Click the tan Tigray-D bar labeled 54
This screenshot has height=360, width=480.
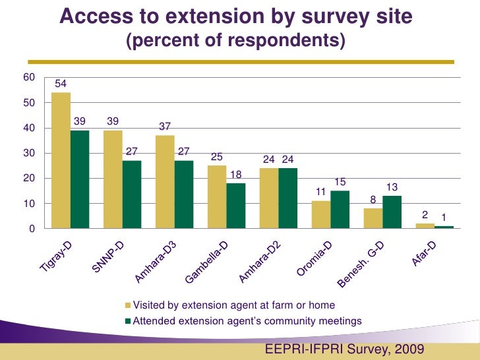(x=61, y=160)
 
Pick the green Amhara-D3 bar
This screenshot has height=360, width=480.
(x=184, y=195)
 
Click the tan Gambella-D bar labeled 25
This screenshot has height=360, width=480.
(x=217, y=196)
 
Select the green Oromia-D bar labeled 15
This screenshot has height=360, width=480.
(x=340, y=210)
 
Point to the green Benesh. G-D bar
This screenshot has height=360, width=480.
(x=392, y=212)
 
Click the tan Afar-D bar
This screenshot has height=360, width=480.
(x=425, y=226)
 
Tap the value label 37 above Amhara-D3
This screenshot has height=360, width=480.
(x=165, y=127)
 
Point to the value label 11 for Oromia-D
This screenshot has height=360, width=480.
(x=321, y=192)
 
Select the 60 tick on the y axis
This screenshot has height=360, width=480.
(x=28, y=78)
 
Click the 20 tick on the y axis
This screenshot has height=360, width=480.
(x=28, y=179)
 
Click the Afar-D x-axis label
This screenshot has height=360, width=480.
(x=425, y=255)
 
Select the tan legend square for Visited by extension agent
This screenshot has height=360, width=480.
(x=129, y=306)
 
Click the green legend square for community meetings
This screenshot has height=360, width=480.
(x=129, y=322)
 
